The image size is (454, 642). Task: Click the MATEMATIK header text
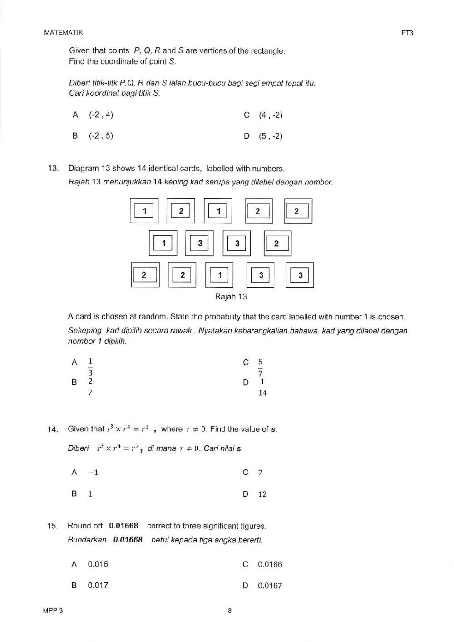(64, 32)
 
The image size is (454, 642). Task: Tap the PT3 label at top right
(407, 32)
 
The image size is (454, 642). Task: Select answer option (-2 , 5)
(101, 136)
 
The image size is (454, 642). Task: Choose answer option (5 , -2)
(271, 136)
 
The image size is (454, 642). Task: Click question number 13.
(53, 169)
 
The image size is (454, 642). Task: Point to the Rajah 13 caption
(231, 297)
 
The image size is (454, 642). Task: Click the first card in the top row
(144, 211)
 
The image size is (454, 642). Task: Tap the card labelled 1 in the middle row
(163, 244)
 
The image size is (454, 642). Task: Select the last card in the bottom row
(300, 275)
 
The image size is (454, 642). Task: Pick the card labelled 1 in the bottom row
(220, 275)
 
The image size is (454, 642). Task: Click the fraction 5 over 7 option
(260, 368)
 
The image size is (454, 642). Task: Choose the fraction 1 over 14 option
(262, 388)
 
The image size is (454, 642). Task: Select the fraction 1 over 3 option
(90, 367)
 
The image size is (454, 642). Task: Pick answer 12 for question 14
(262, 494)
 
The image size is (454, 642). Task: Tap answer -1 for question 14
(93, 473)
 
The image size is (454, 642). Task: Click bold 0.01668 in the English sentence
(123, 526)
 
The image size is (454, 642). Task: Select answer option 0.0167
(270, 586)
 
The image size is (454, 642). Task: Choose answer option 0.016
(98, 564)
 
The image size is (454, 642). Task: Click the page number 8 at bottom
(230, 611)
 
